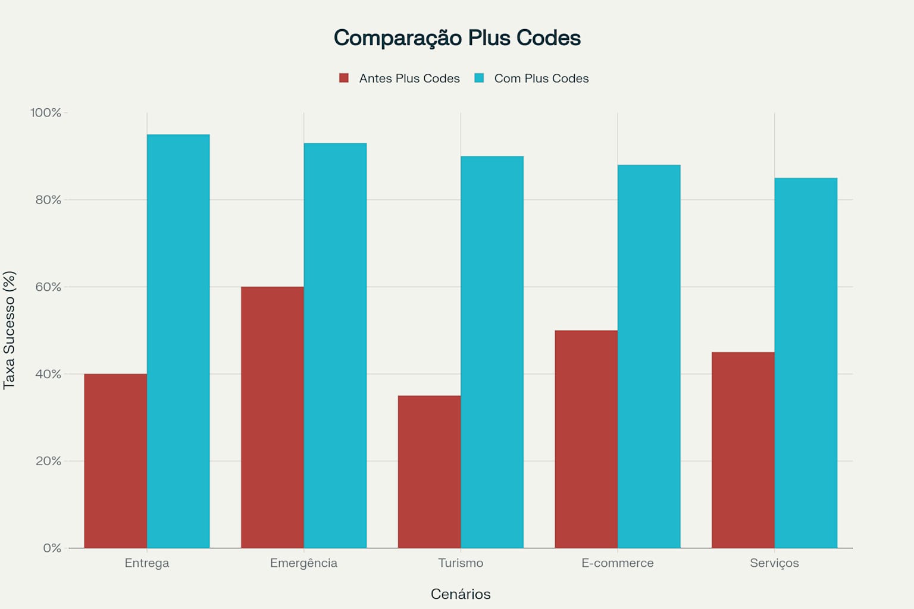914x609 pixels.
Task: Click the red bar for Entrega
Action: click(115, 461)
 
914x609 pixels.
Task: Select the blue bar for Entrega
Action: click(178, 341)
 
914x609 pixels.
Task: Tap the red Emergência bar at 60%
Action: click(272, 417)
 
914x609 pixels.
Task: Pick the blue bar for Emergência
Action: click(335, 346)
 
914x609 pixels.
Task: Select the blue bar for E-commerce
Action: click(649, 356)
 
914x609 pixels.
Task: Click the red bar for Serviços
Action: click(743, 450)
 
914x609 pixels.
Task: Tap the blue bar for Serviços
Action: click(806, 363)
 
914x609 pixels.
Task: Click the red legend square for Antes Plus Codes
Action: click(343, 78)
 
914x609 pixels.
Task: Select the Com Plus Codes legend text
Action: click(541, 79)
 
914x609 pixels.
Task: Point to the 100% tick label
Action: click(46, 112)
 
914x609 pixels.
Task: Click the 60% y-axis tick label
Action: click(48, 287)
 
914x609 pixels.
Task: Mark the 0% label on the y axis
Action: click(52, 548)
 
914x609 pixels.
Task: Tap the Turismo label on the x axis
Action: click(461, 563)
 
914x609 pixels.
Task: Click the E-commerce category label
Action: click(617, 563)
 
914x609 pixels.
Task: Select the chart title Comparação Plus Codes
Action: click(457, 37)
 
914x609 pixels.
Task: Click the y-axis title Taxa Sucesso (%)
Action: click(9, 330)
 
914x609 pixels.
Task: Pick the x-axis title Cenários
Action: click(461, 594)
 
